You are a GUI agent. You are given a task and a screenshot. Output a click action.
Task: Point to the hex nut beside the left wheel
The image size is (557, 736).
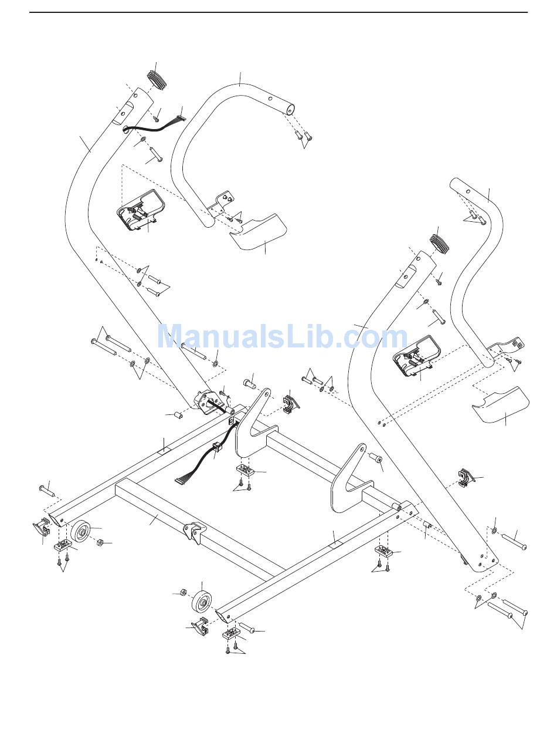99,543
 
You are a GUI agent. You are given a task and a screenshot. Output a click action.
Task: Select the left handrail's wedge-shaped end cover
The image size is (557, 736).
258,231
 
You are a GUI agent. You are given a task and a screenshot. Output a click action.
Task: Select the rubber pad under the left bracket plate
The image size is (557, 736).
243,471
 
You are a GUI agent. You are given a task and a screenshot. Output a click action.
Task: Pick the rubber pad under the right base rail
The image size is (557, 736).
383,551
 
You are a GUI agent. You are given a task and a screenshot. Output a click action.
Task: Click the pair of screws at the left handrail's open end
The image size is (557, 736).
303,137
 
